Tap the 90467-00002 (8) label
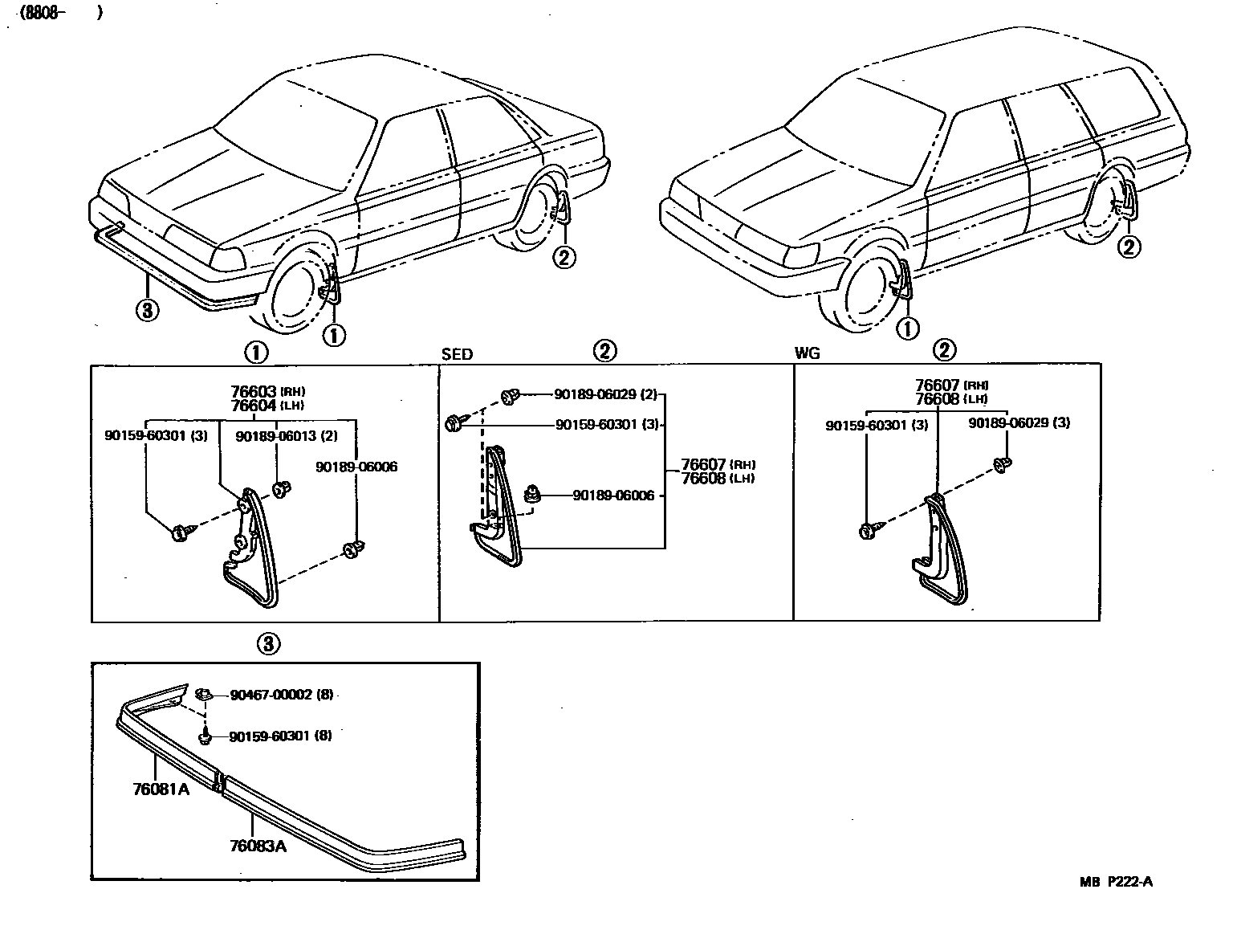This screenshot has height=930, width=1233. tap(280, 694)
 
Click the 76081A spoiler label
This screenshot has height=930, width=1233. tap(161, 789)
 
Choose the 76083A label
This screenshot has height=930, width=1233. tap(258, 846)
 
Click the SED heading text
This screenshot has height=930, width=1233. tap(457, 354)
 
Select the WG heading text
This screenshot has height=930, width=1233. tap(807, 354)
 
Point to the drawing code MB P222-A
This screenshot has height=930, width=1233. tap(1116, 882)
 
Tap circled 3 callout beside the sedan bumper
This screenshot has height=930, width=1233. tap(147, 309)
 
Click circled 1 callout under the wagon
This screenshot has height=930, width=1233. tap(908, 328)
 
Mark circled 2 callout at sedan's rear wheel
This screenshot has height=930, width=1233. tap(564, 257)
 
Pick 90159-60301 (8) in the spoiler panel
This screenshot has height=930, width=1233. tap(280, 736)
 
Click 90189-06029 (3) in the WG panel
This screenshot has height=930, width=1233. tap(1019, 422)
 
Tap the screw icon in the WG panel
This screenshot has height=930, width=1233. tap(870, 531)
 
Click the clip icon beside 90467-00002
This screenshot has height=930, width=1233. tap(204, 692)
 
